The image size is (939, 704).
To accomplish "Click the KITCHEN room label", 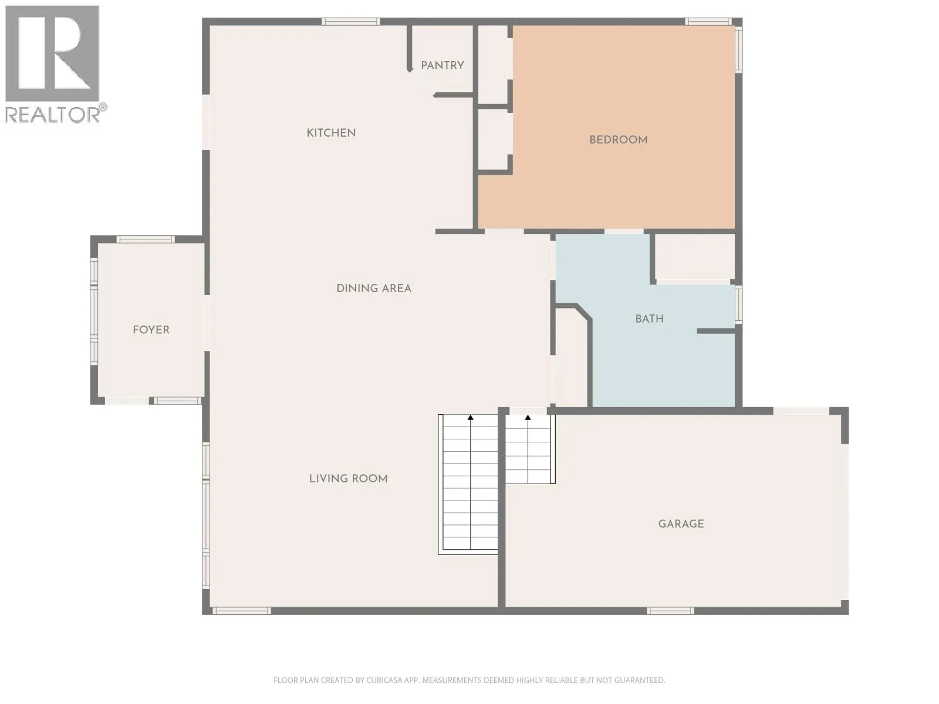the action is pyautogui.click(x=331, y=133).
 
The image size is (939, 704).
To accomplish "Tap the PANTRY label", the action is pyautogui.click(x=443, y=65).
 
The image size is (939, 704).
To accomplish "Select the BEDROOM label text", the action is pyautogui.click(x=618, y=140).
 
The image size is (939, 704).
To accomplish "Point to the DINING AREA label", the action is pyautogui.click(x=374, y=289).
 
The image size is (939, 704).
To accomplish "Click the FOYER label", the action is pyautogui.click(x=151, y=330).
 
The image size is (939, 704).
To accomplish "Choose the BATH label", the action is pyautogui.click(x=650, y=319).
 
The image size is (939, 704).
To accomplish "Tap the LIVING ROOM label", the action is pyautogui.click(x=348, y=479).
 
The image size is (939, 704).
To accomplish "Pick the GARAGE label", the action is pyautogui.click(x=681, y=524).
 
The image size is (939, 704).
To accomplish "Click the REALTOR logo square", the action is pyautogui.click(x=52, y=53).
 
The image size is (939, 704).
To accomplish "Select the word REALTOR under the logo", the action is pyautogui.click(x=52, y=114).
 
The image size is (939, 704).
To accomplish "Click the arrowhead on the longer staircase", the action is pyautogui.click(x=471, y=417).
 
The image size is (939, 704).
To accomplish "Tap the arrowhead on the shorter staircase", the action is pyautogui.click(x=528, y=417).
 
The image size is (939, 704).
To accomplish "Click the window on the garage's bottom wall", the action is pyautogui.click(x=670, y=611).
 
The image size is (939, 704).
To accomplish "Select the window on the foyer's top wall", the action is pyautogui.click(x=146, y=239).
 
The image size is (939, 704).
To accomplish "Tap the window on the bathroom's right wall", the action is pyautogui.click(x=738, y=304).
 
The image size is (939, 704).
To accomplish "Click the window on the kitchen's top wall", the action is pyautogui.click(x=351, y=22).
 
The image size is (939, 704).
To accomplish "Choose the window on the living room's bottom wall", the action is pyautogui.click(x=242, y=611).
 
